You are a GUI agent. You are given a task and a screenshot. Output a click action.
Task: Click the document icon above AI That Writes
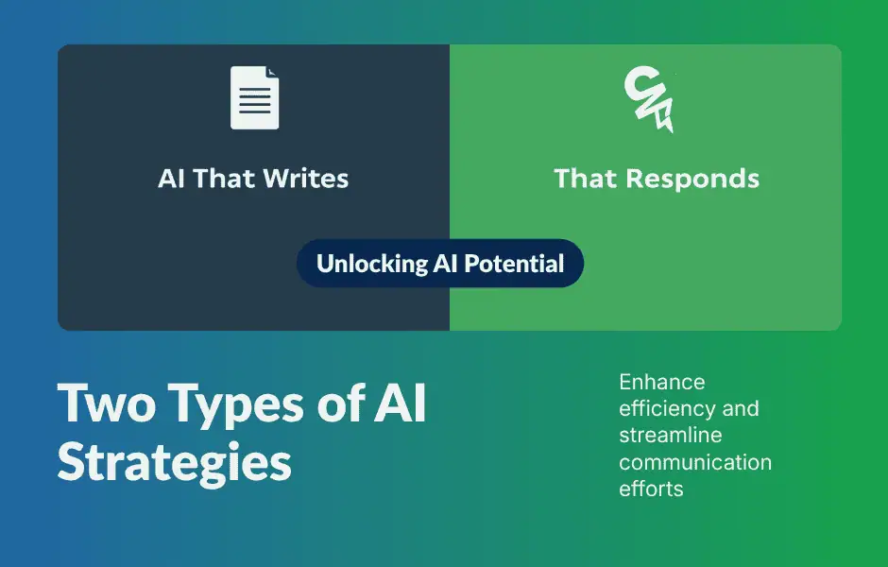tap(254, 98)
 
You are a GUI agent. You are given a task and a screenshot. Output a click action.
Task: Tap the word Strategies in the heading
tap(174, 463)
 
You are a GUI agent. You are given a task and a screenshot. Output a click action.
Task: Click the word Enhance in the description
tap(662, 383)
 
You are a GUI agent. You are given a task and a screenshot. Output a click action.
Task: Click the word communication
tap(695, 463)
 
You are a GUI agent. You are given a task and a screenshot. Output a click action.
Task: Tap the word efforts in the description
tap(651, 490)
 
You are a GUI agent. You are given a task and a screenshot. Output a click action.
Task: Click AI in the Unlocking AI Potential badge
tap(444, 264)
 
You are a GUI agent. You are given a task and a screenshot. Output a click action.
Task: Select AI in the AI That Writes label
tap(172, 179)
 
